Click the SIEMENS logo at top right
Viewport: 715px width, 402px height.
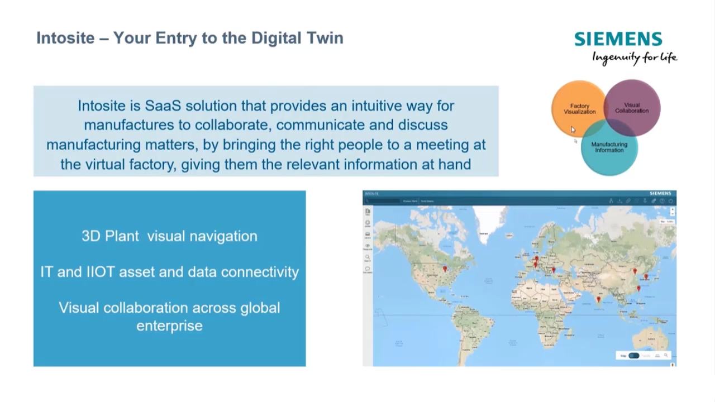[x=618, y=39]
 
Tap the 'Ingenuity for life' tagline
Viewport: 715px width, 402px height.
[x=635, y=58]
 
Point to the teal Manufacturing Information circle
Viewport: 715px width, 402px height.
[x=609, y=151]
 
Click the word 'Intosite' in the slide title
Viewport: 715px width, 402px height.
[x=65, y=38]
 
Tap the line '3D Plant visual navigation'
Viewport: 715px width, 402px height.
[x=169, y=236]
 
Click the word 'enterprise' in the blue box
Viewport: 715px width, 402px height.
[x=169, y=326]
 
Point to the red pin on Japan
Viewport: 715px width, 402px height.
[x=646, y=276]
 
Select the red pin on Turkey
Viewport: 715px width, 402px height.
[x=554, y=270]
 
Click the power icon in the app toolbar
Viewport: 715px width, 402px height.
[x=671, y=201]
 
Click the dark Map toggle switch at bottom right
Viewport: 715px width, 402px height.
[x=633, y=356]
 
